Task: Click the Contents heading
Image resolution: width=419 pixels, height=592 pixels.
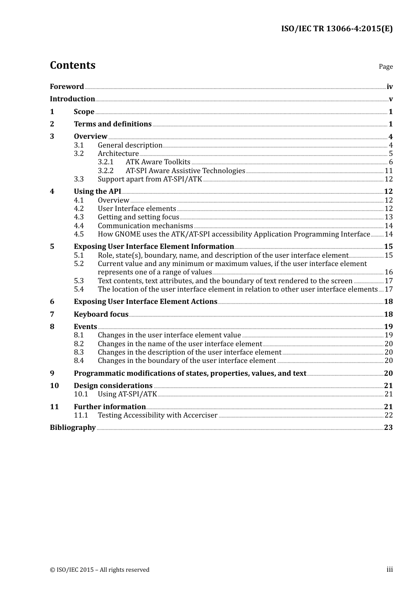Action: (72, 65)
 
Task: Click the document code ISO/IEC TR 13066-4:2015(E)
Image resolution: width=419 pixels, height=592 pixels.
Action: (337, 29)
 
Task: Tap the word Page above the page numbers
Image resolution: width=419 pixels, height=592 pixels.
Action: (385, 67)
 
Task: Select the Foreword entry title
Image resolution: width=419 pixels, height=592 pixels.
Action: (67, 87)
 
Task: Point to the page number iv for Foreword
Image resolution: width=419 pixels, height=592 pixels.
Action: (389, 87)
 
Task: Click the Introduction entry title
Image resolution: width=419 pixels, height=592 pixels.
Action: (72, 99)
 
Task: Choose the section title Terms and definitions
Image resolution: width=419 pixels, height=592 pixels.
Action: (112, 124)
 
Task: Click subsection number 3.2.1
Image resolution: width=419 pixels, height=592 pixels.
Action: (105, 162)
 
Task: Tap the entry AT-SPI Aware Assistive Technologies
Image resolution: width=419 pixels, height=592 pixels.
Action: (185, 171)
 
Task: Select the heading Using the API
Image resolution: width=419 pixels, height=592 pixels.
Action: (97, 192)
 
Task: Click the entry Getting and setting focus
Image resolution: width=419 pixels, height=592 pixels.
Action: (138, 217)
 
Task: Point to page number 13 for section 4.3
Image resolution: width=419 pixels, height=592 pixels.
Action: (389, 217)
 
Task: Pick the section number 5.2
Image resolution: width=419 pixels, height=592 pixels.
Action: (79, 264)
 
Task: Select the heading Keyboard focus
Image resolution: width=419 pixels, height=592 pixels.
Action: (101, 314)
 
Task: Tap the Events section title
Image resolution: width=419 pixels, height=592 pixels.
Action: (85, 327)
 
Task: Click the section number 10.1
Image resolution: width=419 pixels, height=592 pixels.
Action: (81, 394)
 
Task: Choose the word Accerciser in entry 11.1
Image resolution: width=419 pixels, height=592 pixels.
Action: (200, 415)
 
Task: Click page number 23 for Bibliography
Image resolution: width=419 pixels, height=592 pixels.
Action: (388, 428)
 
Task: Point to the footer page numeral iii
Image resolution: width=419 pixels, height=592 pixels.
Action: (389, 570)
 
